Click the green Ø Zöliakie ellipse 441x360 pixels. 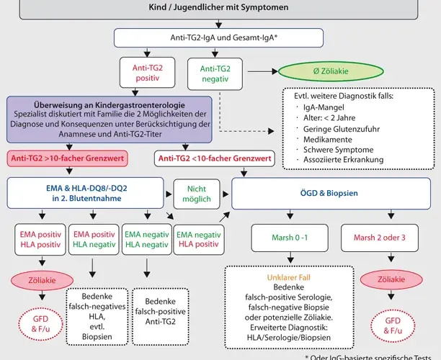[331, 71]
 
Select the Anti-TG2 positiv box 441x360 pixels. [148, 73]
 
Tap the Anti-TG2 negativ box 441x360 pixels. [215, 74]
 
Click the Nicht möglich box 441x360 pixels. [197, 194]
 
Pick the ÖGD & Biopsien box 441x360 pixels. [331, 194]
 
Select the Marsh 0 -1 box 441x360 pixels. [290, 238]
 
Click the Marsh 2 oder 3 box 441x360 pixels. [380, 238]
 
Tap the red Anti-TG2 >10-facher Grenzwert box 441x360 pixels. [68, 158]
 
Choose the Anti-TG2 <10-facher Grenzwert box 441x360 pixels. [215, 158]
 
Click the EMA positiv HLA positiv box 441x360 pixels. [40, 240]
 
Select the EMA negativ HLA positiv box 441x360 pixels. [199, 240]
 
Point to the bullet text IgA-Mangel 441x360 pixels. [324, 107]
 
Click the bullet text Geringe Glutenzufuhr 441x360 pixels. [342, 129]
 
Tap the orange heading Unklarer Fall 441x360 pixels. [288, 278]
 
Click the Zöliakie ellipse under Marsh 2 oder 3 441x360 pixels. [391, 279]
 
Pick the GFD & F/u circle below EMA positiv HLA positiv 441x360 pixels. [41, 324]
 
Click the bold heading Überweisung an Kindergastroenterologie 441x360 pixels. [110, 105]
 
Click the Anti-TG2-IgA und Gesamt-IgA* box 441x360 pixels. [218, 37]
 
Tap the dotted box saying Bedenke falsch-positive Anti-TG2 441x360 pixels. [160, 317]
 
